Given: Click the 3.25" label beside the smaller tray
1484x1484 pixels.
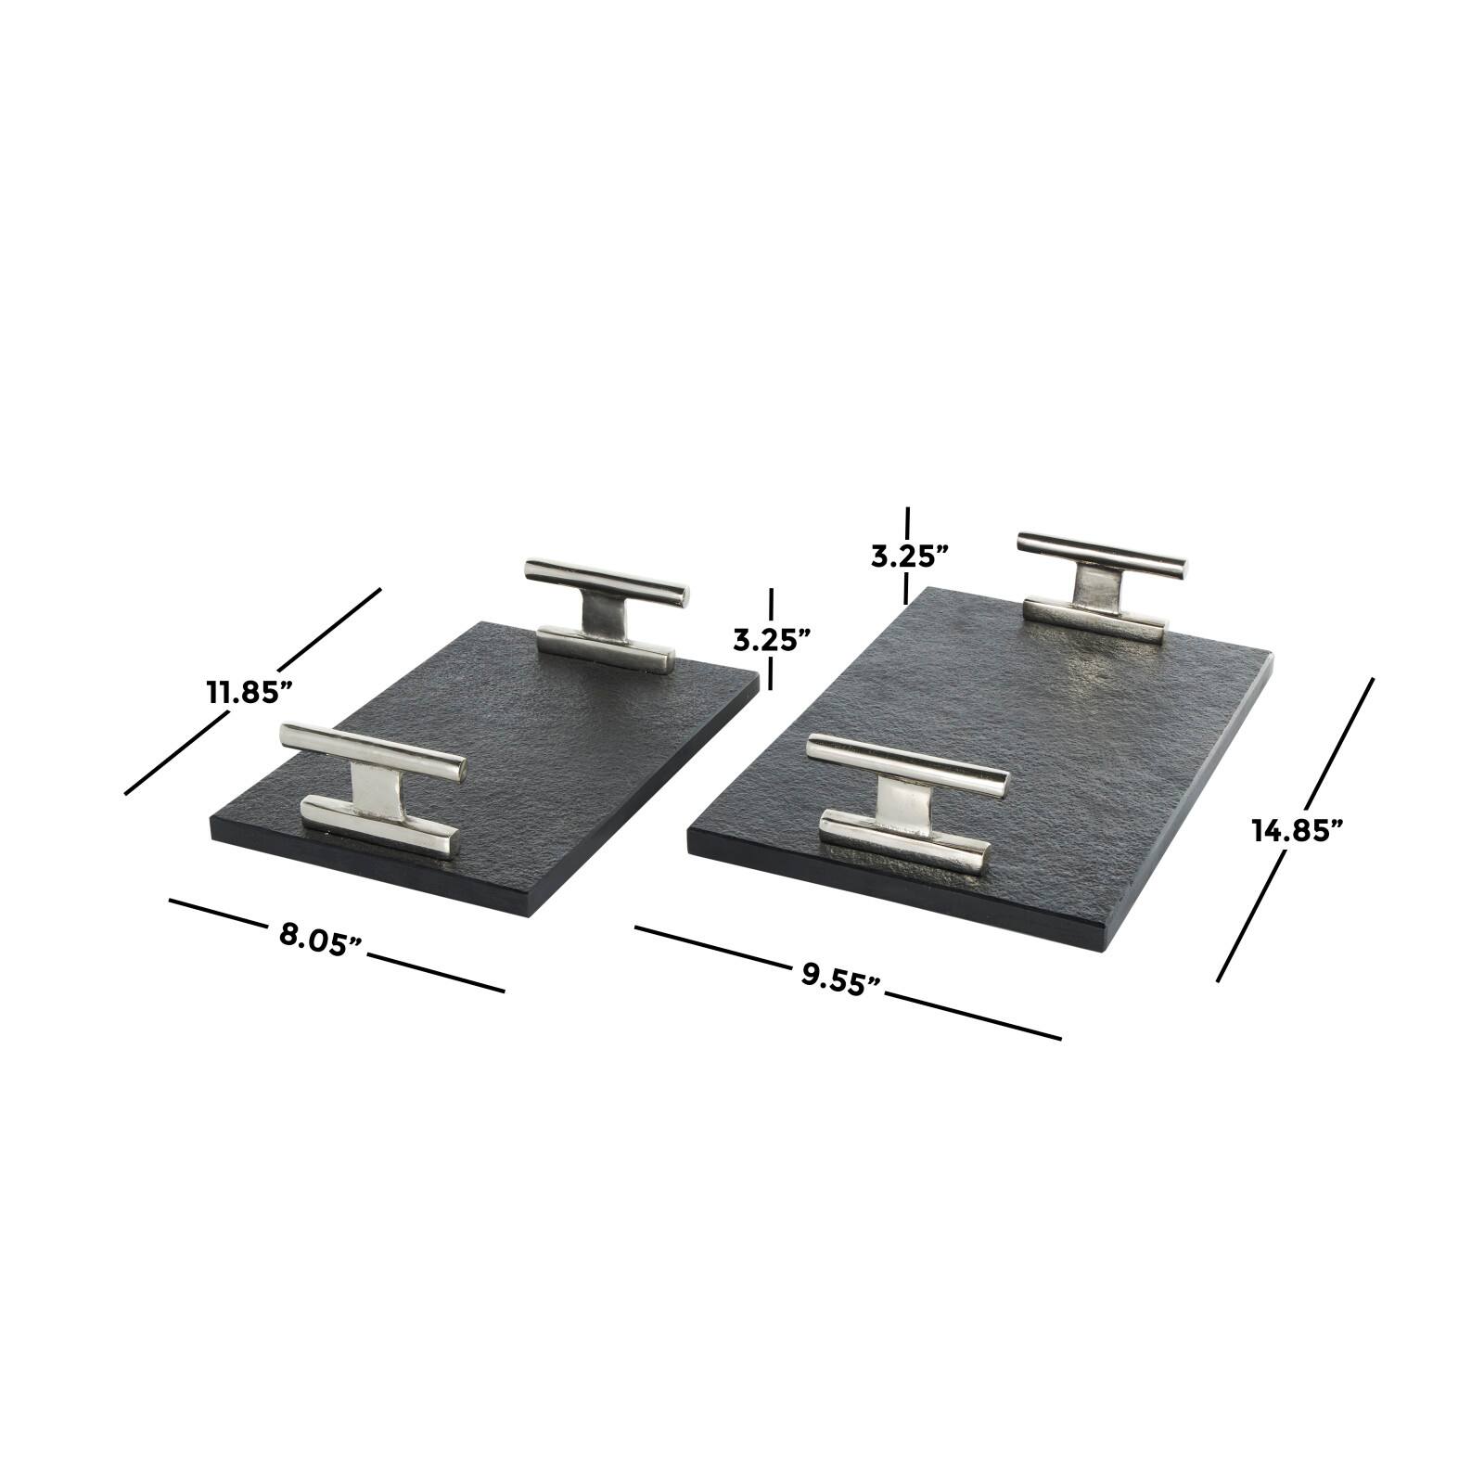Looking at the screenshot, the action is [x=772, y=639].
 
